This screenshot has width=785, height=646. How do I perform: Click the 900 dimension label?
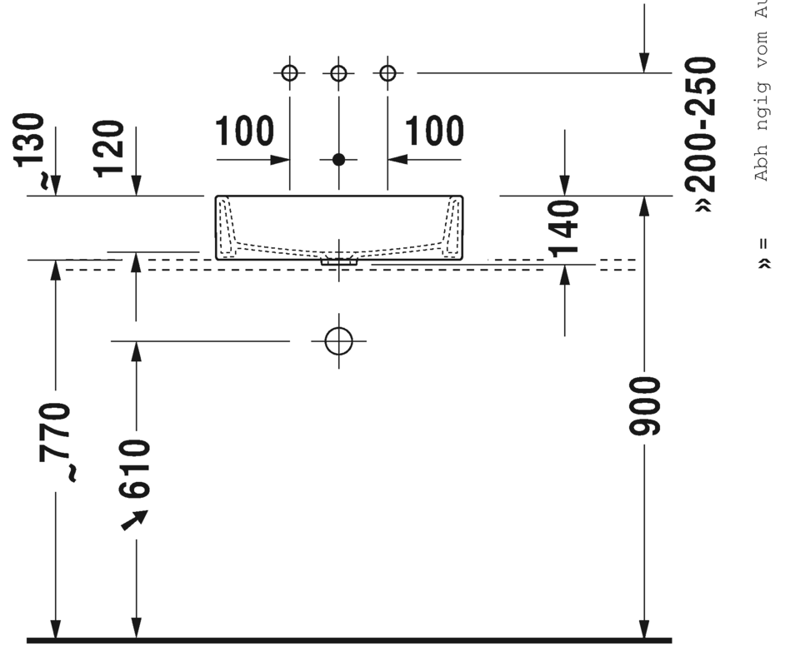pos(645,405)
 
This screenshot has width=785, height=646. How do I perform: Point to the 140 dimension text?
pos(565,228)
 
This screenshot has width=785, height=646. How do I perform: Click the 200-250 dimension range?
pos(702,134)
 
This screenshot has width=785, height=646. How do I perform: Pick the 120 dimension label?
pos(110,148)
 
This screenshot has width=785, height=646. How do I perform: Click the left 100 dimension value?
pos(244,132)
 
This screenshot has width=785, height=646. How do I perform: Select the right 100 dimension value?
pos(434,132)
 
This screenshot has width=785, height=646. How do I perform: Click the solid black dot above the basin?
pos(338,159)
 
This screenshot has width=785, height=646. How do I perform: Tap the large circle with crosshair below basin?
pos(338,340)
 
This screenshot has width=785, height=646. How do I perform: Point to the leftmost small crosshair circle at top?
pos(289,73)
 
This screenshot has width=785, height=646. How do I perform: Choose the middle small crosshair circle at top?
pos(338,73)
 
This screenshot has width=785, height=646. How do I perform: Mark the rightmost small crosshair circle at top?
pos(387,73)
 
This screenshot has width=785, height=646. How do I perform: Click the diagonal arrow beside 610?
pos(134,519)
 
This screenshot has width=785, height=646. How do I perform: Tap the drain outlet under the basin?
pos(338,261)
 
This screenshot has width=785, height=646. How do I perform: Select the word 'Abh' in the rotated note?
pos(762,166)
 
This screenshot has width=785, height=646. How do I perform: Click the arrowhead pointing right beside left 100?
pos(281,159)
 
